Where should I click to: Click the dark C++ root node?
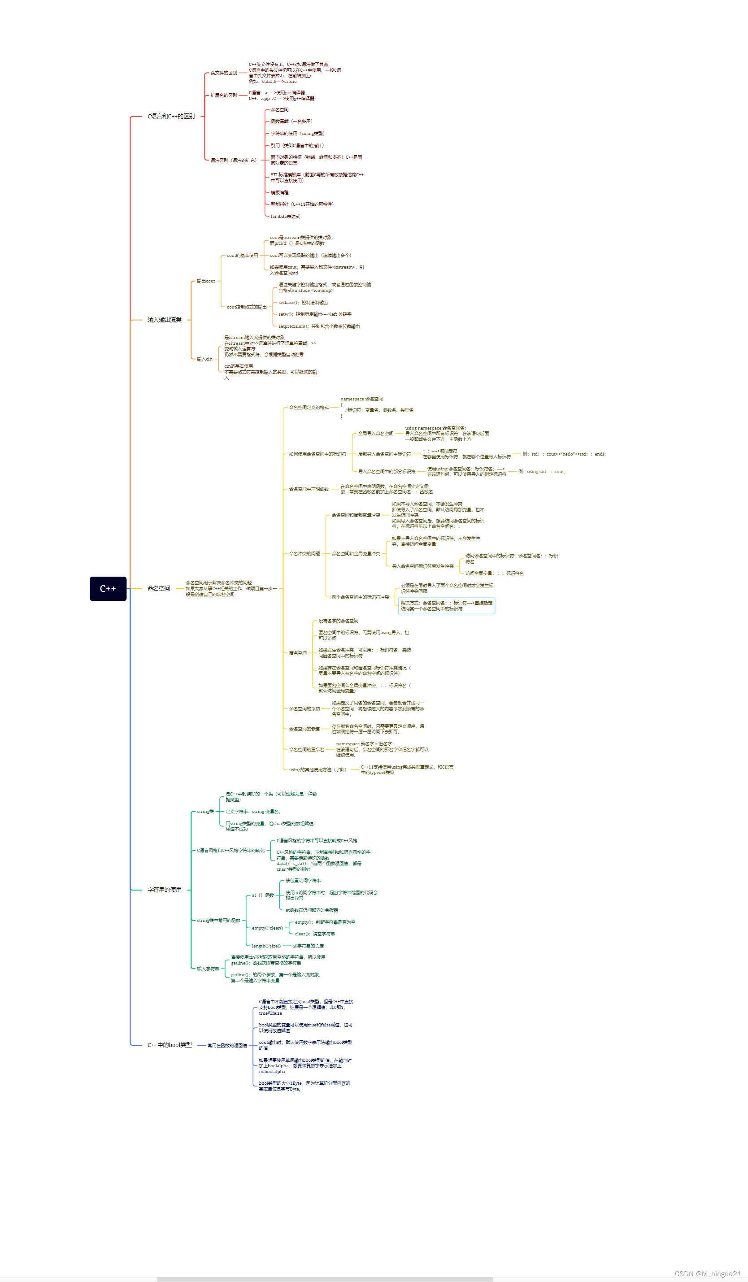coord(108,589)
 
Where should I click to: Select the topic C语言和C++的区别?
coord(171,117)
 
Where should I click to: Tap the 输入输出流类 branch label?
coord(165,320)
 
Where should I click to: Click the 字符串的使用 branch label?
coord(165,890)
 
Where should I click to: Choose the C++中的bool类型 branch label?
coord(170,1045)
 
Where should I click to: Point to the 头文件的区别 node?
coord(224,73)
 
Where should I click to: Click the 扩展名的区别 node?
coord(224,96)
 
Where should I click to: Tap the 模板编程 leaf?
coord(279,193)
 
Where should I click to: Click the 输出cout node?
coord(206,281)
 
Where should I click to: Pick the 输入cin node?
coord(204,359)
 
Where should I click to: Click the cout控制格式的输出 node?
coord(247,307)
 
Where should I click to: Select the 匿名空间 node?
coord(298,653)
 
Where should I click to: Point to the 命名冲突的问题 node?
coord(304,553)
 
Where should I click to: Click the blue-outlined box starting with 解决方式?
coord(446,606)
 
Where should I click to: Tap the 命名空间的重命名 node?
coord(306,749)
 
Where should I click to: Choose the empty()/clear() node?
coord(268,928)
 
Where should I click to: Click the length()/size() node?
coord(266,946)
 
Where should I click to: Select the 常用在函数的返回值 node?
coord(227,1045)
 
